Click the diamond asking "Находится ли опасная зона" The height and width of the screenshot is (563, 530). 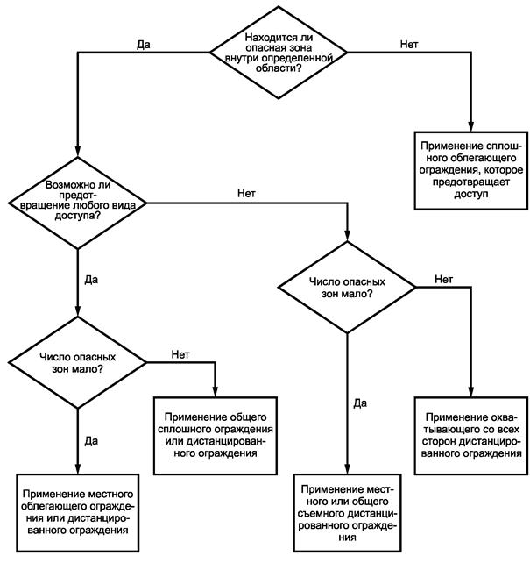point(279,53)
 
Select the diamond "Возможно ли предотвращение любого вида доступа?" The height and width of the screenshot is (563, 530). point(77,203)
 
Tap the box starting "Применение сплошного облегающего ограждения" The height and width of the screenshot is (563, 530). point(470,170)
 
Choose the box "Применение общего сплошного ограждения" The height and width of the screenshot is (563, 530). point(216,436)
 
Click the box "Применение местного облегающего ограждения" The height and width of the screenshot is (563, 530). point(77,513)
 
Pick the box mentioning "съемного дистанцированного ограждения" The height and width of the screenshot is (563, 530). point(347,513)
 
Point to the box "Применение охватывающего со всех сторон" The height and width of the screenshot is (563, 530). point(470,436)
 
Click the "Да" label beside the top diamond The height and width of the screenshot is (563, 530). point(144,45)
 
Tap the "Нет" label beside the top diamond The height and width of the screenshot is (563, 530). point(409,44)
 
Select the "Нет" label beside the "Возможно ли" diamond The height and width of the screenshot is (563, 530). point(246,194)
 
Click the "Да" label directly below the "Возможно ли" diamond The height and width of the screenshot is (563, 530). point(91,280)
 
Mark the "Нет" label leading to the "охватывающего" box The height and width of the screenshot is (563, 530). point(443,279)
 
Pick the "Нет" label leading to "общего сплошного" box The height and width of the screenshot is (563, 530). point(180,354)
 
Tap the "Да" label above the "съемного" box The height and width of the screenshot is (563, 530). point(360,403)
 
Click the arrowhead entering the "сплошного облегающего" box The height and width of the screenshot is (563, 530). point(470,126)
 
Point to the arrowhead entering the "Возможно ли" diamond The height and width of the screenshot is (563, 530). point(77,152)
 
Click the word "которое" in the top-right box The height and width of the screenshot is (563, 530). point(504,170)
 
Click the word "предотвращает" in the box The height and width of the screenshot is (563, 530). point(470,182)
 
